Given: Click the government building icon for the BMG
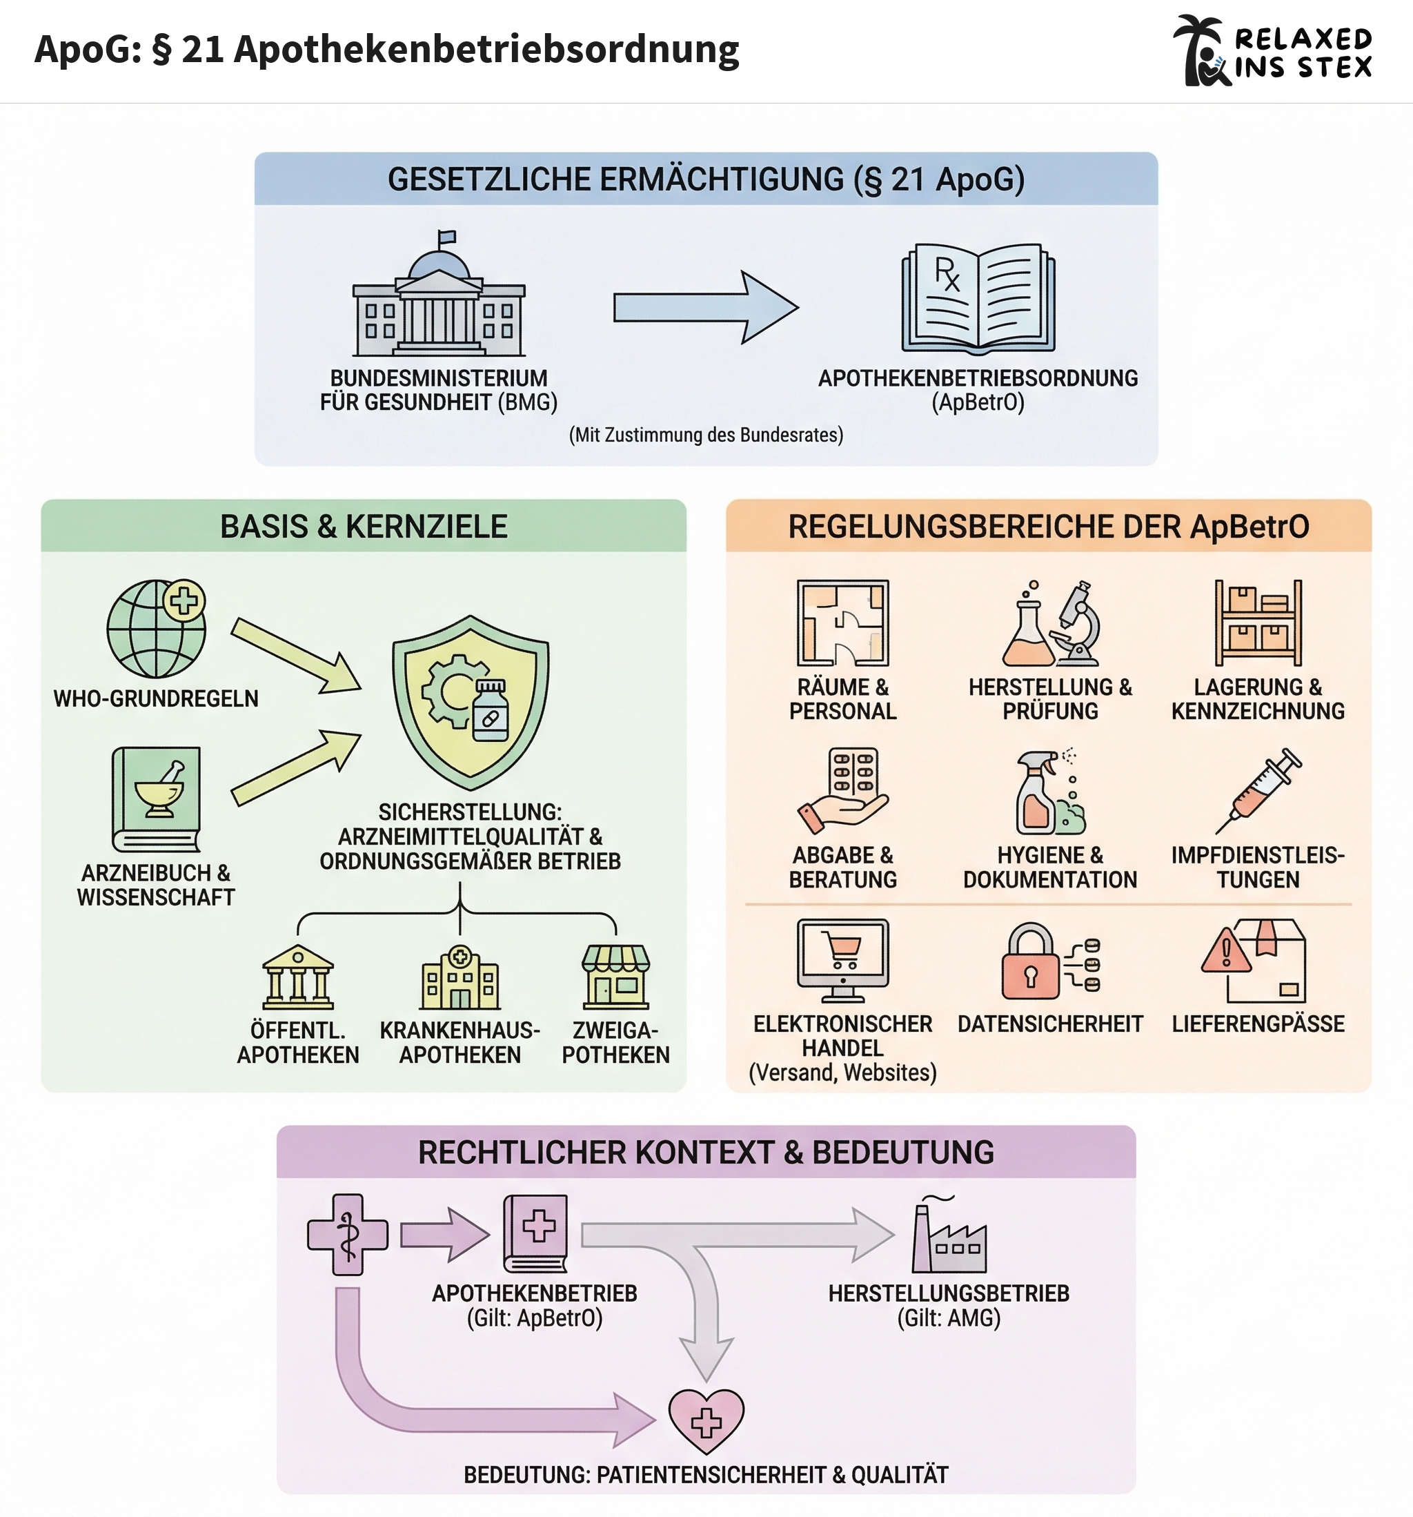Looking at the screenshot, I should (x=439, y=302).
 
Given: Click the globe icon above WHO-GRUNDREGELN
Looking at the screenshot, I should (x=156, y=629).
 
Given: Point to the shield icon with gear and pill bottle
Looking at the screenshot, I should (x=470, y=702).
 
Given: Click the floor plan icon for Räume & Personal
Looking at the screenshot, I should (x=842, y=623).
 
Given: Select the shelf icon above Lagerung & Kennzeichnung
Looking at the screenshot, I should (x=1258, y=623).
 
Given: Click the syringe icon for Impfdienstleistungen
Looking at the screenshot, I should (x=1259, y=790).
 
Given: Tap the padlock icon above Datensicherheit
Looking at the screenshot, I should (x=1030, y=963).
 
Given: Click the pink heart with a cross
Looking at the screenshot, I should (x=706, y=1419).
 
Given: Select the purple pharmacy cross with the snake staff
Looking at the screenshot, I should (x=347, y=1234).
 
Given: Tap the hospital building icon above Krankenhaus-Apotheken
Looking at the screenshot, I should (x=460, y=977).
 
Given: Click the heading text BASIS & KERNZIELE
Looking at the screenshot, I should (x=363, y=527).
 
